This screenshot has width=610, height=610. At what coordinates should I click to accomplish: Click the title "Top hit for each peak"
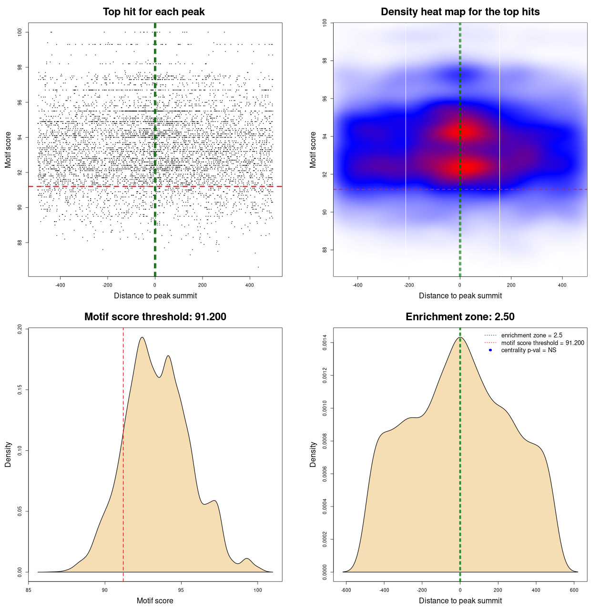[x=153, y=12]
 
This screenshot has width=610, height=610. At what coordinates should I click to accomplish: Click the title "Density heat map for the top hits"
[x=460, y=12]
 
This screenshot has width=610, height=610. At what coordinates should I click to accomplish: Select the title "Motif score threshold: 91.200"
[x=155, y=317]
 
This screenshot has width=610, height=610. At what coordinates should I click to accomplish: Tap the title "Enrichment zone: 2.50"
[x=460, y=317]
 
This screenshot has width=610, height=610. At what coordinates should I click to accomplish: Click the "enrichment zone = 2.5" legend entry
[x=531, y=335]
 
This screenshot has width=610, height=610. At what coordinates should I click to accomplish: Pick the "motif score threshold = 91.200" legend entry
[x=542, y=343]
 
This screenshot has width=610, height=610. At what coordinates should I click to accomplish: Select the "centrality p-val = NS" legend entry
[x=529, y=350]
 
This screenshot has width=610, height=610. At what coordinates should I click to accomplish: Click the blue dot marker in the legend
[x=490, y=350]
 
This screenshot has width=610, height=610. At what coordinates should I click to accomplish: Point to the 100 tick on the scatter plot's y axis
[x=20, y=32]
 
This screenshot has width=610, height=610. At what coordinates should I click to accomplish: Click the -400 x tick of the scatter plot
[x=60, y=285]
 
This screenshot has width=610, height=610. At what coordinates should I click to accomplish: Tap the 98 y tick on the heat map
[x=325, y=61]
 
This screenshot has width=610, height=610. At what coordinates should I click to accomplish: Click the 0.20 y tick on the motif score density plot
[x=20, y=329]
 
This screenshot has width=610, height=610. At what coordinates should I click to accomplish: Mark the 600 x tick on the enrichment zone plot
[x=574, y=590]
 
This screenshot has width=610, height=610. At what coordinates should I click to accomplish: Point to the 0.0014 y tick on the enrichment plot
[x=325, y=343]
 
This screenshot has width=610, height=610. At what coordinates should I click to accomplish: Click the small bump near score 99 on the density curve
[x=246, y=559]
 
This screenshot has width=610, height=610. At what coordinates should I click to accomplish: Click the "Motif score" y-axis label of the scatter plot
[x=8, y=150]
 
